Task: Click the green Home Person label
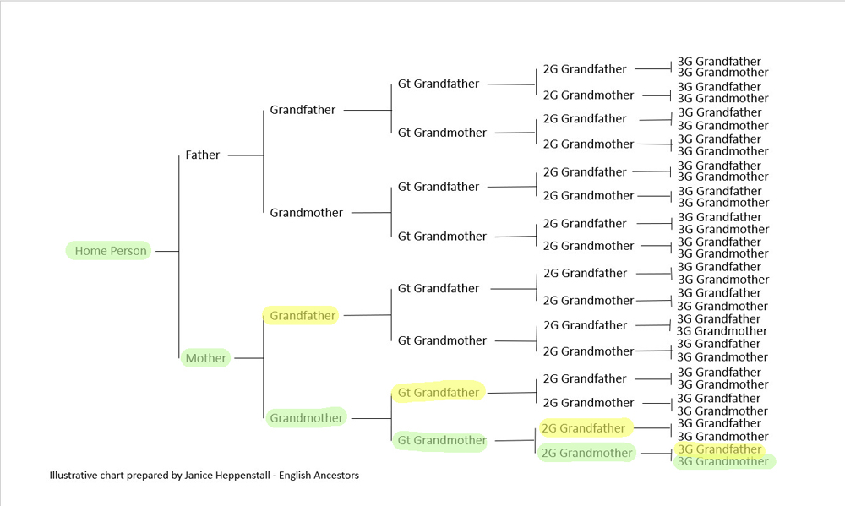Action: tap(110, 251)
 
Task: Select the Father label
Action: tap(203, 155)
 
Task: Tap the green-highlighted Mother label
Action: tap(206, 358)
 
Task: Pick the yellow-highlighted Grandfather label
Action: tap(303, 316)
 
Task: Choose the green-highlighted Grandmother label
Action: tap(306, 417)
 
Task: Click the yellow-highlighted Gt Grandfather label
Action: tap(438, 393)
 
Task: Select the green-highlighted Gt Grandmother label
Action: tap(441, 440)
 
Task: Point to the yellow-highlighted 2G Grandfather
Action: tap(584, 428)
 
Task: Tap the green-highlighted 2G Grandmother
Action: tap(586, 453)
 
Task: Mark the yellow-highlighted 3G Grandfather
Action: tap(719, 449)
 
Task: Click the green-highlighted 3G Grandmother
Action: tap(724, 462)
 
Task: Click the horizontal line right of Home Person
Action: tap(166, 251)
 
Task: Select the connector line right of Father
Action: tap(245, 155)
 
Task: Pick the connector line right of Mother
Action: tap(248, 358)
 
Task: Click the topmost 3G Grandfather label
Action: tap(719, 62)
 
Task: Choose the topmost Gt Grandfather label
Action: tap(439, 84)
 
